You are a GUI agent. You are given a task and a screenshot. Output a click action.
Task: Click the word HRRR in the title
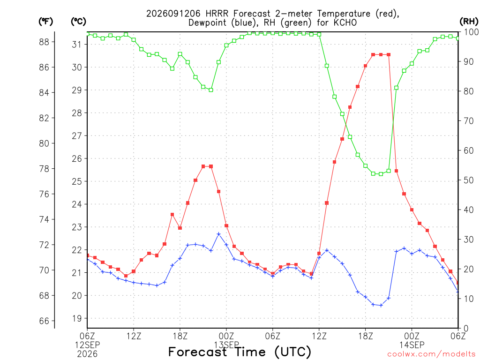coord(217,14)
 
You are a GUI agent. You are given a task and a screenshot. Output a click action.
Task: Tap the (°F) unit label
coord(45,22)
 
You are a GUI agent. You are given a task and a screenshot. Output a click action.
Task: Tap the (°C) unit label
coord(78,22)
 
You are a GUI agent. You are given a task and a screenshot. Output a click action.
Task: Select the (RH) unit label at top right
coord(468,22)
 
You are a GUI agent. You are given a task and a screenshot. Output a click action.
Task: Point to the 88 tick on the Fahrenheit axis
coord(44,42)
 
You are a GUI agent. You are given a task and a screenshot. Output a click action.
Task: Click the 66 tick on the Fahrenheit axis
coord(44,321)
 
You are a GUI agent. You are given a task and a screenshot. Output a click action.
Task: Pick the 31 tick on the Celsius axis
coord(77,45)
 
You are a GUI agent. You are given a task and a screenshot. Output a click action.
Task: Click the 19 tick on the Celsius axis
coord(77,319)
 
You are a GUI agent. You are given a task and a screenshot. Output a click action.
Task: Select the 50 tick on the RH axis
coord(469,180)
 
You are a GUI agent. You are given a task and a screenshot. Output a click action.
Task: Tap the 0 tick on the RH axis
coord(466,329)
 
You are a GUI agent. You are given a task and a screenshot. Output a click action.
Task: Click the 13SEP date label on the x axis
coord(226,345)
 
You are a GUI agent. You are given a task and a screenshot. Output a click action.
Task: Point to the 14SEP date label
coord(412,345)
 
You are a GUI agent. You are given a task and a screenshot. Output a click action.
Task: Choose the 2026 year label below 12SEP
coord(87,354)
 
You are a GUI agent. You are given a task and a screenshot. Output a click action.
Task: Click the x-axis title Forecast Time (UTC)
coord(240,352)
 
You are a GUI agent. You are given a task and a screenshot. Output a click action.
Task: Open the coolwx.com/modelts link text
coord(431,354)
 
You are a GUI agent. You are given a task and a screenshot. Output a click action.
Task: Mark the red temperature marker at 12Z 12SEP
coord(134,271)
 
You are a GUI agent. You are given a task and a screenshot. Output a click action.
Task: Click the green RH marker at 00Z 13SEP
coord(226,45)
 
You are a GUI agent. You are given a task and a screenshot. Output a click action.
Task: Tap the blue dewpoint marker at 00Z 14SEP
coord(412,254)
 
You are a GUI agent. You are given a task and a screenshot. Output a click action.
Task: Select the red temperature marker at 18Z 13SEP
coord(365,66)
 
